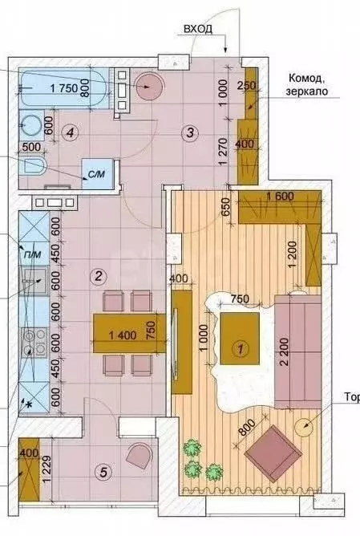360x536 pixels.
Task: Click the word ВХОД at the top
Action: (x=199, y=28)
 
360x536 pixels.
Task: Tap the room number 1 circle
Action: (x=238, y=348)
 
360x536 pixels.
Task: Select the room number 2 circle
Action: (x=97, y=277)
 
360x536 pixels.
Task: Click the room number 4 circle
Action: (x=71, y=132)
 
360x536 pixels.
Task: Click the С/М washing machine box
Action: (x=96, y=173)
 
